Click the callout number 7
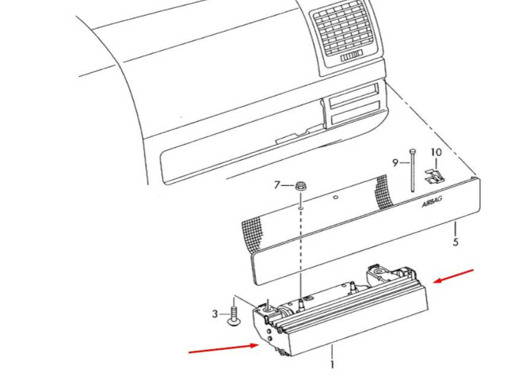click(x=276, y=185)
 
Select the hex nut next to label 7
click(x=301, y=187)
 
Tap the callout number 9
click(x=395, y=163)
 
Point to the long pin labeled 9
click(x=413, y=170)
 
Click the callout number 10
click(x=436, y=152)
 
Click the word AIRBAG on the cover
click(x=432, y=203)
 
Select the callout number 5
click(x=456, y=241)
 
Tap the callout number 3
click(x=215, y=313)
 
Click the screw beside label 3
click(x=233, y=316)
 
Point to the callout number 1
click(x=332, y=365)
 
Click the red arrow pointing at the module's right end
click(x=453, y=276)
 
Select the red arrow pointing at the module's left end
click(x=223, y=348)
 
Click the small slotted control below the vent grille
click(x=351, y=56)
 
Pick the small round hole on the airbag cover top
click(x=335, y=197)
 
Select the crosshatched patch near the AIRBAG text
click(x=384, y=192)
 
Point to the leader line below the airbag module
click(x=332, y=351)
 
